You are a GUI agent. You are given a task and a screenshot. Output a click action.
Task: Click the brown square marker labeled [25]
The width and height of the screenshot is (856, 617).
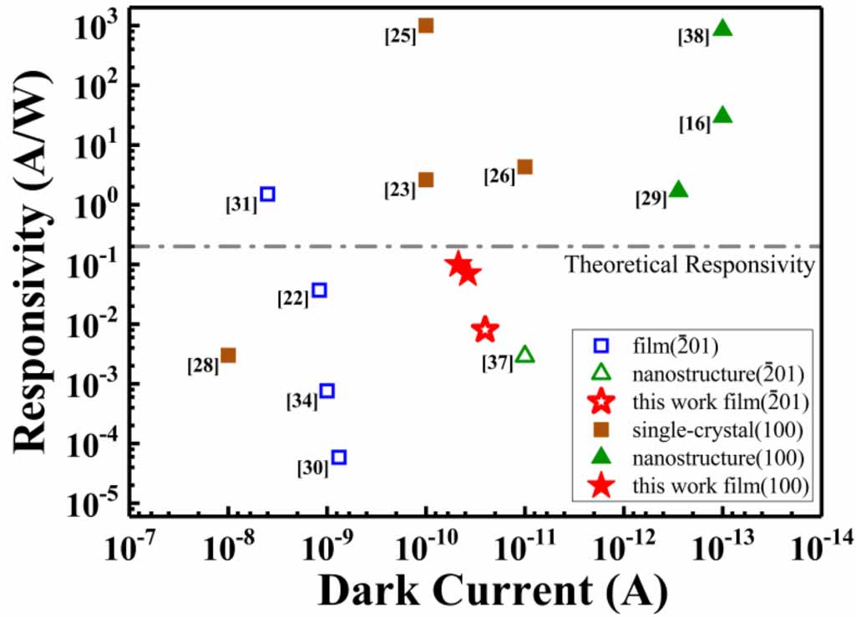pyautogui.click(x=426, y=25)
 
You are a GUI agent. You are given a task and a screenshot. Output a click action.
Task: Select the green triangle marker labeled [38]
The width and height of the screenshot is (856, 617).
pyautogui.click(x=723, y=28)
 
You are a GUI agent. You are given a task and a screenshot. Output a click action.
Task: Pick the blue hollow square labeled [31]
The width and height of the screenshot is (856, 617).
pyautogui.click(x=268, y=194)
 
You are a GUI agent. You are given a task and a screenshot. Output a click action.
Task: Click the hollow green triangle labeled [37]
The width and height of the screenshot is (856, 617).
pyautogui.click(x=525, y=355)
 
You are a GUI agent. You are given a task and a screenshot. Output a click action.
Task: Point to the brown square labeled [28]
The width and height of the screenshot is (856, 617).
pyautogui.click(x=228, y=355)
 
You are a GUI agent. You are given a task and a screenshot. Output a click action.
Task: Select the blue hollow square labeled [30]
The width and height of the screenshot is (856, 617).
pyautogui.click(x=339, y=457)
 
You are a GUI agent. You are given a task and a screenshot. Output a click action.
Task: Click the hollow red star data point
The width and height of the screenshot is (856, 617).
pyautogui.click(x=485, y=329)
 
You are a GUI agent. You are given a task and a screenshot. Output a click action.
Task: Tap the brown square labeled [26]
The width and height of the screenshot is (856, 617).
pyautogui.click(x=525, y=167)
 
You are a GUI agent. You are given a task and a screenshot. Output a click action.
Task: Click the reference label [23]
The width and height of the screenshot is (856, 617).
pyautogui.click(x=400, y=190)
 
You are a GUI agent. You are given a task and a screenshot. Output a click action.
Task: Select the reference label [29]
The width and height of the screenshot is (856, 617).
pyautogui.click(x=651, y=199)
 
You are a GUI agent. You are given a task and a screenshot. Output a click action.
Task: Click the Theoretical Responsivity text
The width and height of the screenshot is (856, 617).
pyautogui.click(x=690, y=266)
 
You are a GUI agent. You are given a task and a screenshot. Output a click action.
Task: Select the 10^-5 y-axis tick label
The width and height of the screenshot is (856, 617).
pyautogui.click(x=99, y=503)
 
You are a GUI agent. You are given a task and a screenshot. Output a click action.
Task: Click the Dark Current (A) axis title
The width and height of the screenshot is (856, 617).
pyautogui.click(x=492, y=591)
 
